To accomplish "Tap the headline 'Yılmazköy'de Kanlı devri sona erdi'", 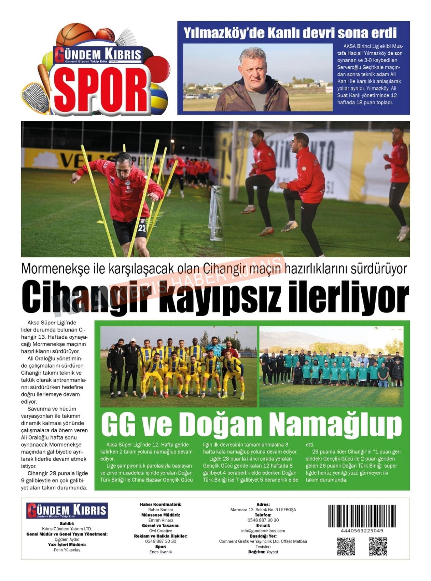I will click(290, 33).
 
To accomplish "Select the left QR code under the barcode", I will click(346, 546).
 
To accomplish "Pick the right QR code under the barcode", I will click(377, 546).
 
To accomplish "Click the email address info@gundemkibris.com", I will click(263, 531).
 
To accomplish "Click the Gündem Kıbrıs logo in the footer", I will click(67, 511).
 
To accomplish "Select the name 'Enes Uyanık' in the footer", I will click(161, 552).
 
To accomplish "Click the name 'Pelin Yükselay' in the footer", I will click(67, 550).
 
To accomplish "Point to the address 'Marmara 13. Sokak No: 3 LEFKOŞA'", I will click(263, 510).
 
